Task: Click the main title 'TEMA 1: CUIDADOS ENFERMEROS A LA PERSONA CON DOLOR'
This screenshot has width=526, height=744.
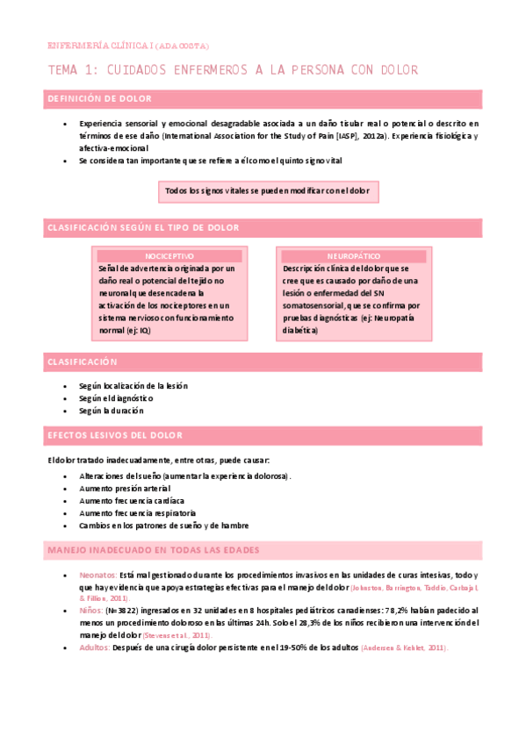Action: pyautogui.click(x=232, y=69)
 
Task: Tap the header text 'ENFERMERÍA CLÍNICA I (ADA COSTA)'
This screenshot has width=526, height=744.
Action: pyautogui.click(x=127, y=46)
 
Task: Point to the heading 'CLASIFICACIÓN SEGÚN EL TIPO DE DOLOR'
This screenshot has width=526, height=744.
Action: pyautogui.click(x=142, y=228)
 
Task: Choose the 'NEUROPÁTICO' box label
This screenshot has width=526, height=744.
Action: pyautogui.click(x=352, y=256)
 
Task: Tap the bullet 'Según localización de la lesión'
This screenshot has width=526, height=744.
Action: pyautogui.click(x=133, y=386)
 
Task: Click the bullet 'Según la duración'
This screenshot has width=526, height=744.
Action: pyautogui.click(x=111, y=411)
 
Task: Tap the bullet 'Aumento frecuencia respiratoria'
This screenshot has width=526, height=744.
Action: pyautogui.click(x=137, y=512)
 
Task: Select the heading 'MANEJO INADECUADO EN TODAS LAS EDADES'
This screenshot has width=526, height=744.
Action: pyautogui.click(x=154, y=550)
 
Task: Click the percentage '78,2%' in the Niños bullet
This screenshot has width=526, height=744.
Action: pyautogui.click(x=397, y=609)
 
